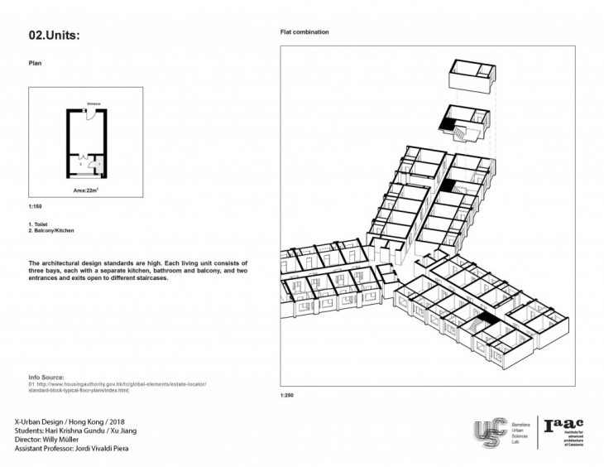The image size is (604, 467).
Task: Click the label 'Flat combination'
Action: [306, 32]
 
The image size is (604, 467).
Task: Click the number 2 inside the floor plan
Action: [79, 165]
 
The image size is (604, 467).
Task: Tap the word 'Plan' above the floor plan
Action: [35, 61]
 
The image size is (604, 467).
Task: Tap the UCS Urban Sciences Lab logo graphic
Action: [489, 433]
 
